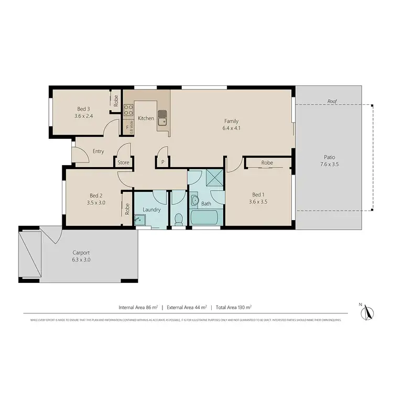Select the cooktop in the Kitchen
click(x=128, y=110)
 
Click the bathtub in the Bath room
click(x=205, y=218)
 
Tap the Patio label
click(x=329, y=157)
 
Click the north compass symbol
click(x=367, y=312)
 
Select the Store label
click(x=123, y=162)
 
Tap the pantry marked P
click(x=162, y=162)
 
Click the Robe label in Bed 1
click(x=267, y=163)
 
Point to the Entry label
click(x=98, y=151)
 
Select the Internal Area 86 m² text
click(x=138, y=308)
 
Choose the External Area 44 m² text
click(x=187, y=308)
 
